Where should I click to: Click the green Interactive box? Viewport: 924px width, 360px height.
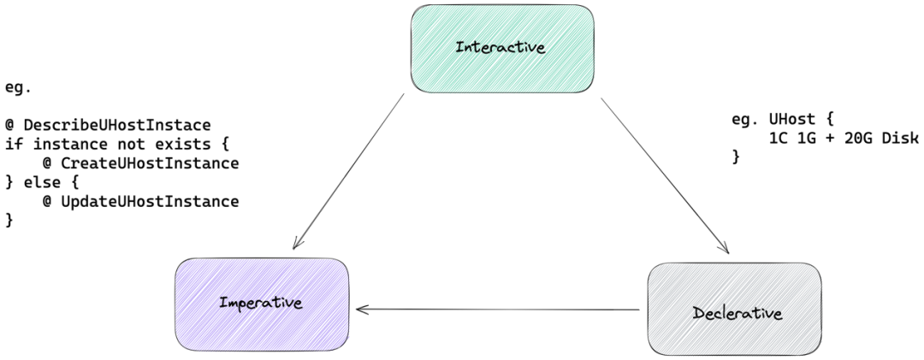[x=502, y=49]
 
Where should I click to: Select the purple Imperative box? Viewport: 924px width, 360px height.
[x=262, y=304]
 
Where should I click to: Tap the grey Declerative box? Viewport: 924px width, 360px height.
[x=734, y=310]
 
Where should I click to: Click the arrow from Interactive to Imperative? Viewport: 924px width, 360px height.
[x=348, y=172]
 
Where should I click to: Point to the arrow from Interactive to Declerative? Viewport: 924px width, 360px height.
[x=666, y=175]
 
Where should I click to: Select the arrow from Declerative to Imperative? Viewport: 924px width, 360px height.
[x=498, y=310]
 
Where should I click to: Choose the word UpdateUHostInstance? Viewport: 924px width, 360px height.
[x=150, y=202]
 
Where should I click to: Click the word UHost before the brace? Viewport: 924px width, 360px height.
[x=792, y=119]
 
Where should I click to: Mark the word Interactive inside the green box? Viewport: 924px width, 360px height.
[x=500, y=47]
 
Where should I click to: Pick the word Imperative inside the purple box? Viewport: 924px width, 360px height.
[x=261, y=304]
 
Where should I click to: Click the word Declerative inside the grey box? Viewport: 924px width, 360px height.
[x=737, y=313]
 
